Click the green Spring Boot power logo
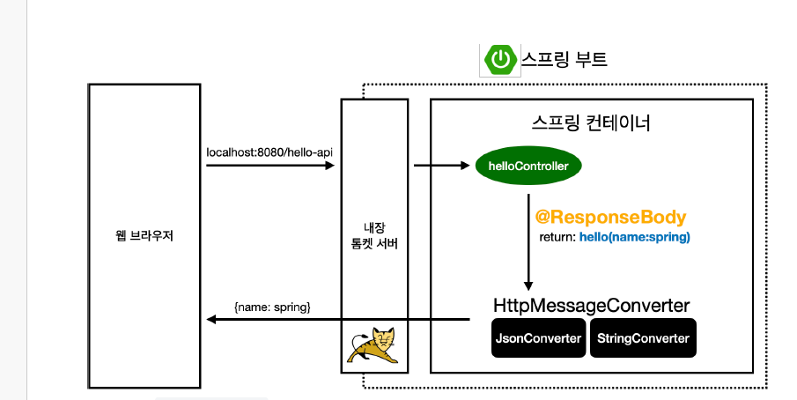click(500, 59)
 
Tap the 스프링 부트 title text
click(565, 59)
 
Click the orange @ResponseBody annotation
click(610, 217)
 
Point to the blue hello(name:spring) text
click(634, 237)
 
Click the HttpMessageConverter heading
click(591, 306)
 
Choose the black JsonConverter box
click(538, 338)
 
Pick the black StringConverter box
click(643, 338)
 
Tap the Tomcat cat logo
click(374, 345)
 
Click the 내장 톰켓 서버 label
click(374, 236)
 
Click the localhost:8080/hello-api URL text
click(269, 152)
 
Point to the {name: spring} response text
click(272, 307)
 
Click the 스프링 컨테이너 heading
click(592, 122)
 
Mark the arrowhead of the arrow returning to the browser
click(210, 320)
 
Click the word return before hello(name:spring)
click(557, 238)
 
